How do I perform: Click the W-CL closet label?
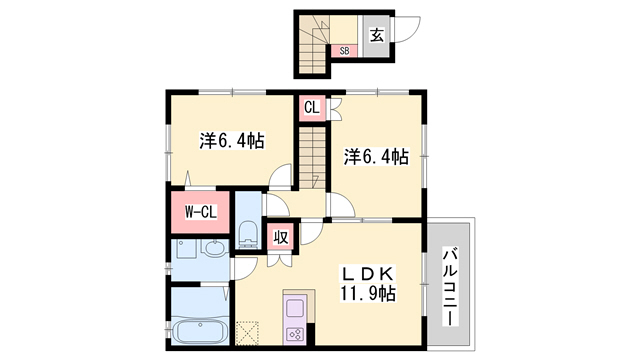tap(201, 211)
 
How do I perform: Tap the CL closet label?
tap(311, 106)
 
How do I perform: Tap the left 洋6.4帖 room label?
tap(231, 142)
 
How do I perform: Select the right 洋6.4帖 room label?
tap(376, 156)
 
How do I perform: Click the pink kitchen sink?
tap(295, 306)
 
